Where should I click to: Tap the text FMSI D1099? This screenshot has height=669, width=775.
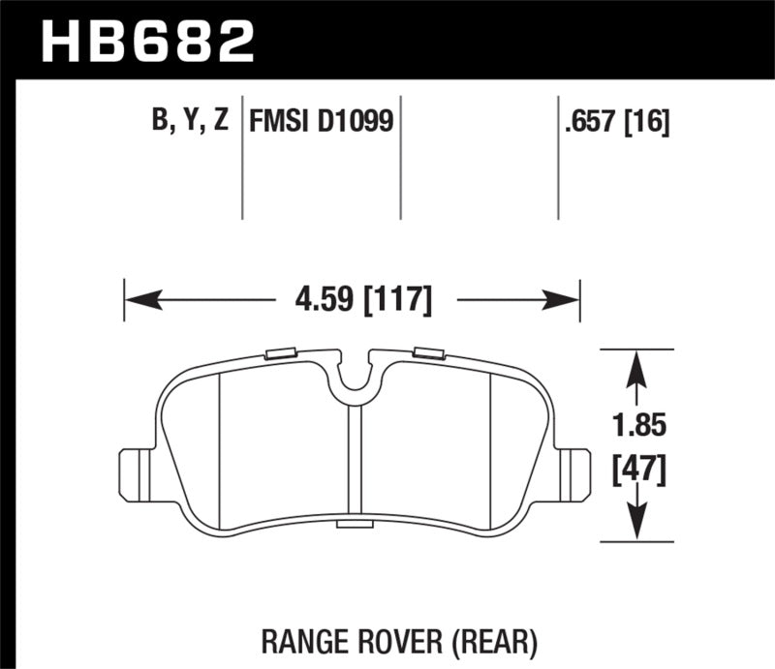tap(321, 122)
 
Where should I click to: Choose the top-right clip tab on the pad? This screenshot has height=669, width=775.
tap(427, 352)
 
